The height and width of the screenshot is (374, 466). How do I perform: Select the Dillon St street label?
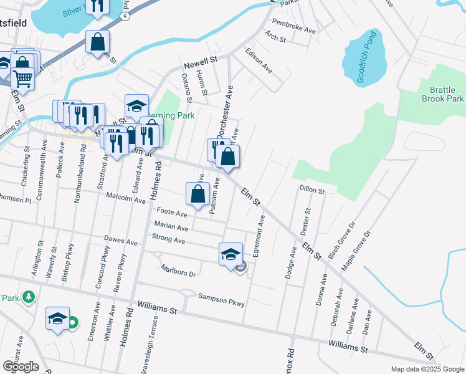coord(312,189)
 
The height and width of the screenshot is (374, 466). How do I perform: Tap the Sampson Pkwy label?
coord(221,300)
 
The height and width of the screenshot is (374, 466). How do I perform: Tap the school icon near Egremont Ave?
coord(231,254)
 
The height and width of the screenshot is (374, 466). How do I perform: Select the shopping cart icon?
coord(22,79)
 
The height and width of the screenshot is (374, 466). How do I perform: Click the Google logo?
coord(21,366)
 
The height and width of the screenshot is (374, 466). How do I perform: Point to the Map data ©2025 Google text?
coord(427,369)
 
